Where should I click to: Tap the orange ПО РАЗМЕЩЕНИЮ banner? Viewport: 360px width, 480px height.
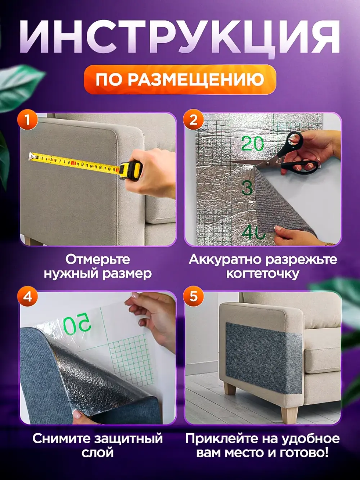(x=180, y=80)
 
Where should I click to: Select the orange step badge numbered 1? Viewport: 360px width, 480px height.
(x=27, y=119)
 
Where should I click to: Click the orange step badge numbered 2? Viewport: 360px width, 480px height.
(x=194, y=119)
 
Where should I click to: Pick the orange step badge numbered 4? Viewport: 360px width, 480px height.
(x=27, y=297)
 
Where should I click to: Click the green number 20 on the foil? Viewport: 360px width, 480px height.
(x=252, y=144)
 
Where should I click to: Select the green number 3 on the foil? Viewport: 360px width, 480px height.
(x=247, y=188)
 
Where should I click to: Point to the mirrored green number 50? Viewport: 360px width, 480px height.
(x=77, y=323)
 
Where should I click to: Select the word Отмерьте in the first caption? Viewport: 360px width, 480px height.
(x=98, y=259)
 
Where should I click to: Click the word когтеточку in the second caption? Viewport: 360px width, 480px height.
(x=262, y=274)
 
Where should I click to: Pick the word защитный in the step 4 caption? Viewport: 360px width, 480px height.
(x=129, y=439)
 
